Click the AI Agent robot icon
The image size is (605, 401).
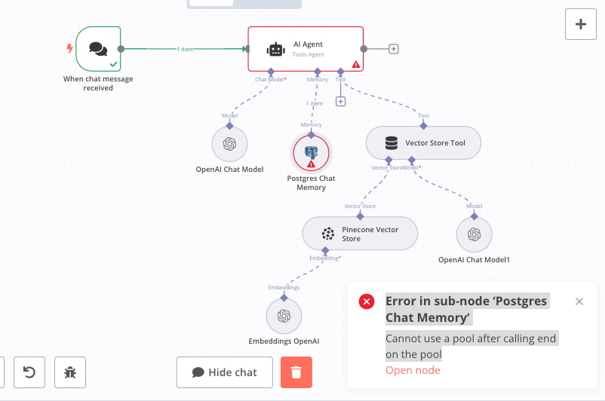tap(276, 49)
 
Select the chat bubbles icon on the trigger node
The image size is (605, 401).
tap(98, 49)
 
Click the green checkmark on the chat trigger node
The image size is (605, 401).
tap(113, 64)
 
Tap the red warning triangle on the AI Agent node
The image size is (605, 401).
tap(356, 64)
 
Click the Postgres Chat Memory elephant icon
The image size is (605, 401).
tap(311, 152)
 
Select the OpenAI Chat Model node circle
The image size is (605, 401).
tap(229, 144)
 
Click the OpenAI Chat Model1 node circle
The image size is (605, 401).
tap(474, 234)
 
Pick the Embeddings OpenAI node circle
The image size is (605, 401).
tap(284, 316)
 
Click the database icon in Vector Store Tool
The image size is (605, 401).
tap(392, 143)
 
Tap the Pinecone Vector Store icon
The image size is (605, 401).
tap(328, 234)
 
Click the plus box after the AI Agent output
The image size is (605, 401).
tap(394, 49)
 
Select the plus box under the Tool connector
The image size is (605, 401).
tap(340, 102)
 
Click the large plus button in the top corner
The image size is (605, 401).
tap(581, 24)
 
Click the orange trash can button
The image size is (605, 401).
tap(296, 372)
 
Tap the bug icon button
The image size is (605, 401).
tap(70, 372)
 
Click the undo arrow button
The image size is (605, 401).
tap(29, 372)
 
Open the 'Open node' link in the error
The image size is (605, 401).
tap(413, 370)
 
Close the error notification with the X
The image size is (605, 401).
tap(579, 302)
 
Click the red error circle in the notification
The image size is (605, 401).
tap(367, 302)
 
